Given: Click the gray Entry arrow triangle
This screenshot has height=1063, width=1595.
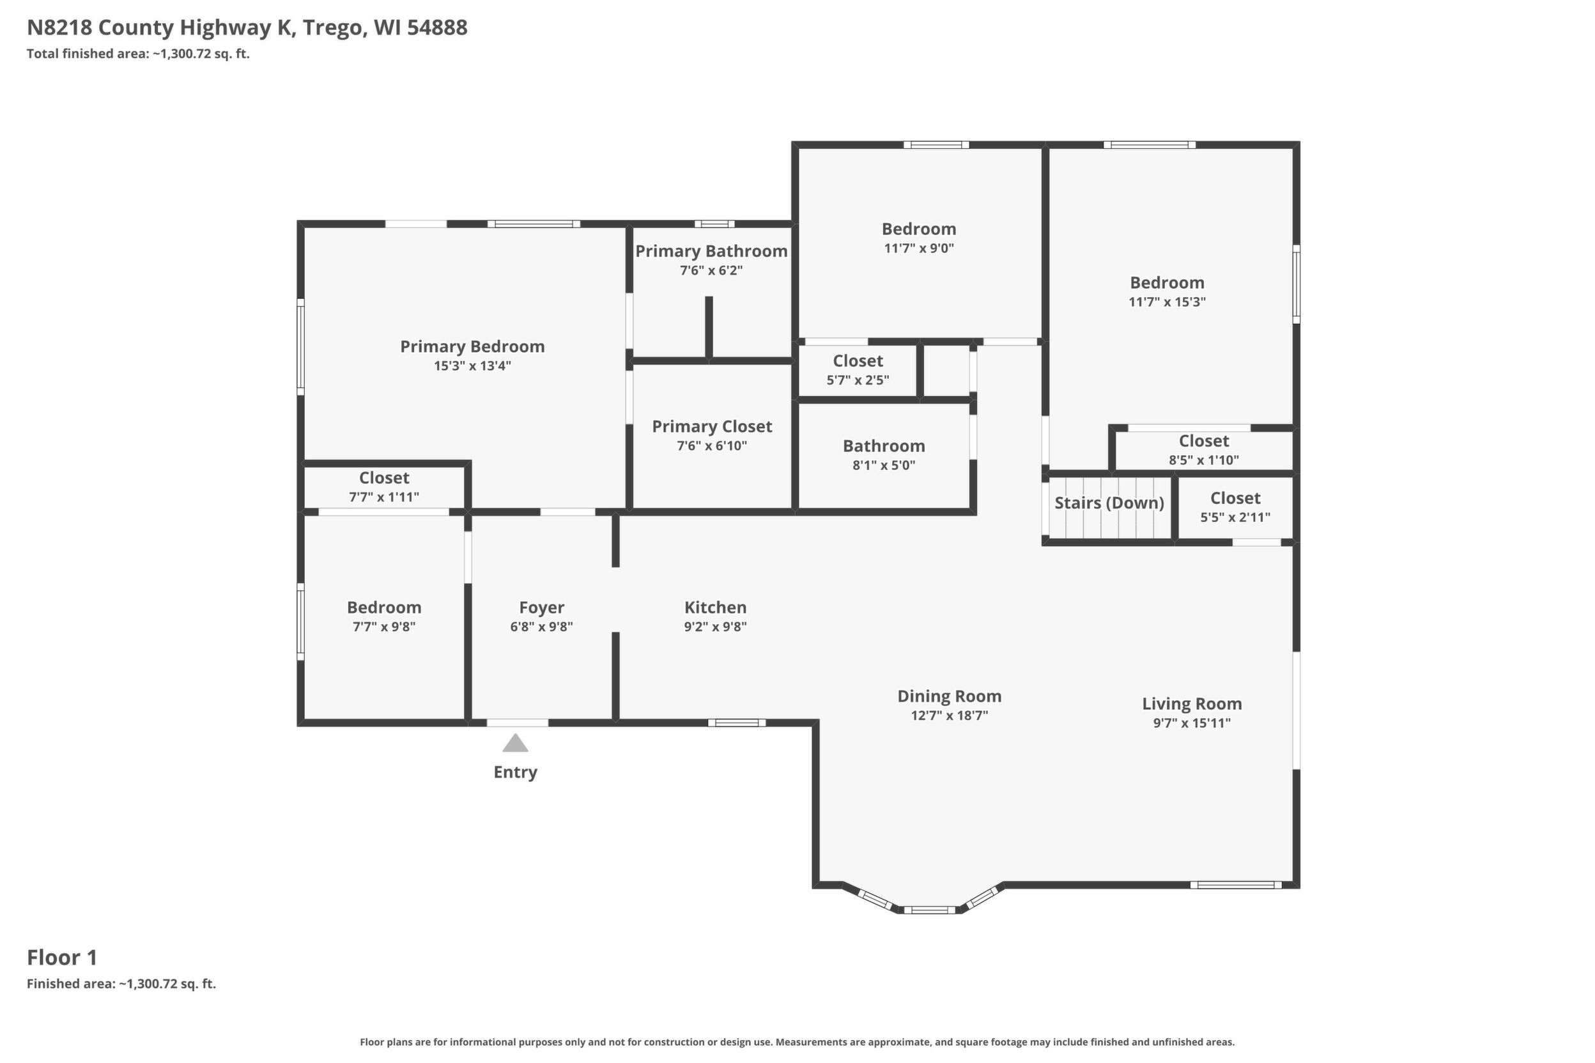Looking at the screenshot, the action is click(516, 743).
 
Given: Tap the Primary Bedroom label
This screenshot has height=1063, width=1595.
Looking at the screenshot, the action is click(473, 346).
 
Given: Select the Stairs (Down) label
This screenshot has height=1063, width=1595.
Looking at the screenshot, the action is click(1109, 503).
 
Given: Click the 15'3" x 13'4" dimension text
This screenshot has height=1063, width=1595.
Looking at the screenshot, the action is click(473, 366).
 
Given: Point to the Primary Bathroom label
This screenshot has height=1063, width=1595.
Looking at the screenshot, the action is click(711, 252).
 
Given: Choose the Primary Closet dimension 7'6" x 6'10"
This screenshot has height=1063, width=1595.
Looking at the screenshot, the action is click(712, 446).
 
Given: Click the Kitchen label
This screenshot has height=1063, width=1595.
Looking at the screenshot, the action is click(716, 608).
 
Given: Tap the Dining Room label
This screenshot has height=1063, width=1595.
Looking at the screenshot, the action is click(950, 696).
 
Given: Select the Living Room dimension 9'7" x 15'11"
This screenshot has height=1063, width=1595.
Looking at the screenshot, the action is click(1192, 723).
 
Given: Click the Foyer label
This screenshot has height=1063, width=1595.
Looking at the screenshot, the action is click(542, 608).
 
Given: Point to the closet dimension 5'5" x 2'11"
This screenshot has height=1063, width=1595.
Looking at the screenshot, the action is click(1236, 517).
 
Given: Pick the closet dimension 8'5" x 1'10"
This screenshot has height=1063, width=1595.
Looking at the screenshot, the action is click(1204, 461).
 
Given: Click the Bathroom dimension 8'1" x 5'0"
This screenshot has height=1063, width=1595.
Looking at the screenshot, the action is click(884, 465).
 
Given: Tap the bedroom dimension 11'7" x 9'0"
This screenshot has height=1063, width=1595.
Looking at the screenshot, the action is click(919, 248).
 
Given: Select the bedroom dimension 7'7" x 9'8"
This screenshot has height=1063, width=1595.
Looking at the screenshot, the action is click(384, 627).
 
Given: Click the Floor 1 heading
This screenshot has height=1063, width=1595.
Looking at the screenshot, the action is click(63, 957).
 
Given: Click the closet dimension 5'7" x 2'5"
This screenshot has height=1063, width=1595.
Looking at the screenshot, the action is click(858, 380).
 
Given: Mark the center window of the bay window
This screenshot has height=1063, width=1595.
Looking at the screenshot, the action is click(929, 910).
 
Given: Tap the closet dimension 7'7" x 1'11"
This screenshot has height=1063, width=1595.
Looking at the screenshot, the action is click(384, 497).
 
